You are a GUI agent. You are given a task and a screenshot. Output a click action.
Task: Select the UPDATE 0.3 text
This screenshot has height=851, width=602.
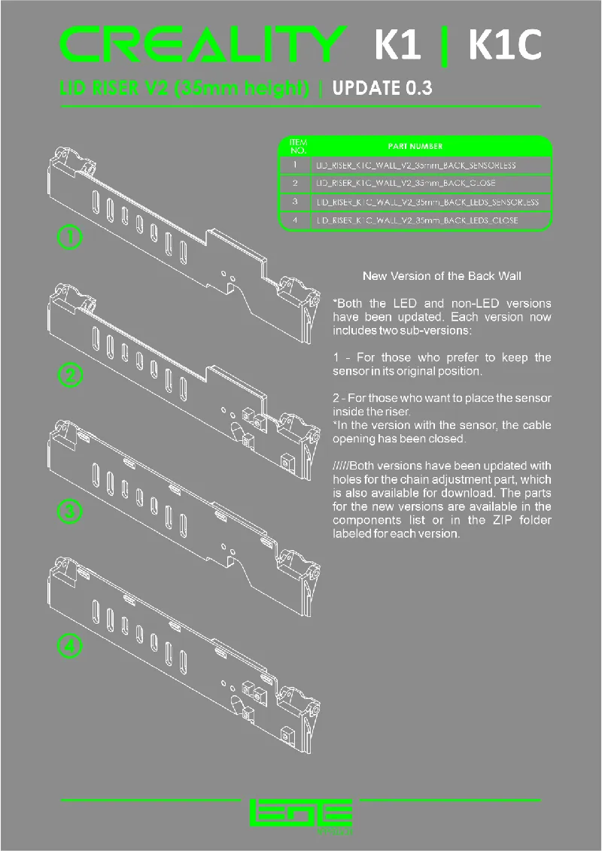tap(382, 88)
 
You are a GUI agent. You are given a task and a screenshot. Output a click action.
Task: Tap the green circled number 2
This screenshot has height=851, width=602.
tap(70, 375)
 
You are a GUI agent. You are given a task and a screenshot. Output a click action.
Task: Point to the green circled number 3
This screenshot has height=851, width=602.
tap(70, 512)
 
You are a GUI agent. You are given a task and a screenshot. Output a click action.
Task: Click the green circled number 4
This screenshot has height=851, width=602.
tap(70, 646)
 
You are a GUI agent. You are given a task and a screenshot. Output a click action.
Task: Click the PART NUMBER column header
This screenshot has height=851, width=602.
tap(415, 146)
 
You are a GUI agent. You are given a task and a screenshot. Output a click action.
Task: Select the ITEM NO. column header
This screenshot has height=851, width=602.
tap(297, 146)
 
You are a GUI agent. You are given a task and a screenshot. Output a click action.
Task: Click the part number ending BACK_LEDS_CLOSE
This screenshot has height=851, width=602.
tap(416, 221)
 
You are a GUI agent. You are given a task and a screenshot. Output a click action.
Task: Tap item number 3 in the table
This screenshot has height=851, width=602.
tap(296, 202)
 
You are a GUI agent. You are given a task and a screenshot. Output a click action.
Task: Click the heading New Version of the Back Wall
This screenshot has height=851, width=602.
tap(442, 276)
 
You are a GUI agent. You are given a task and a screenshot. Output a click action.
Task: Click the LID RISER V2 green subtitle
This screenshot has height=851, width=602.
tap(184, 88)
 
